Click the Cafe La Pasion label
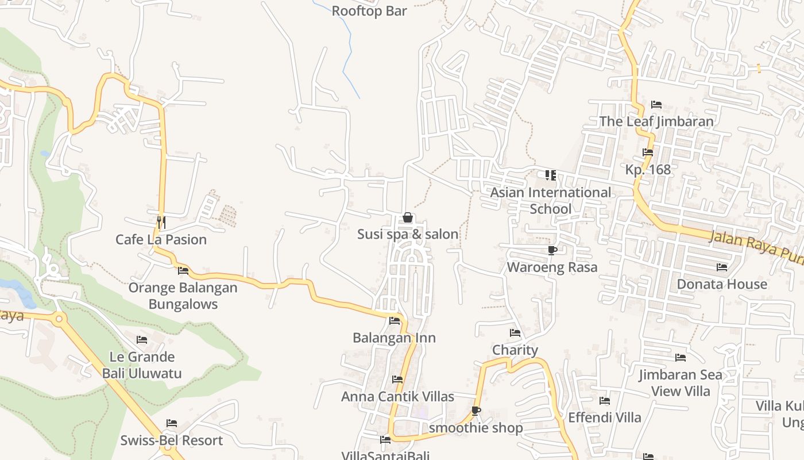point(161,240)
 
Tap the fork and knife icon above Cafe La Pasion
point(161,221)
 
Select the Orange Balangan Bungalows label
point(183,296)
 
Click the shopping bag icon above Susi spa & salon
point(408,217)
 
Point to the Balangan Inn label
point(394,338)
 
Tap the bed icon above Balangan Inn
point(395,321)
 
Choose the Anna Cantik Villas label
point(397,397)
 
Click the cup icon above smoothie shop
point(476,411)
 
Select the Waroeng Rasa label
point(552,267)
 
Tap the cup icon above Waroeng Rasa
point(552,250)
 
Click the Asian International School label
point(550,201)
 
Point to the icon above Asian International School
point(551,175)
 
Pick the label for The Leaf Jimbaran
point(656,121)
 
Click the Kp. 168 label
point(648,170)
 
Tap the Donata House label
point(722,284)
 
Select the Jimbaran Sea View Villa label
point(681,383)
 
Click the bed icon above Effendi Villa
point(605,401)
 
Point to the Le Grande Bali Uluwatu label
point(142,365)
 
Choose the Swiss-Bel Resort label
point(171,441)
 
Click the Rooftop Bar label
point(369,11)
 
